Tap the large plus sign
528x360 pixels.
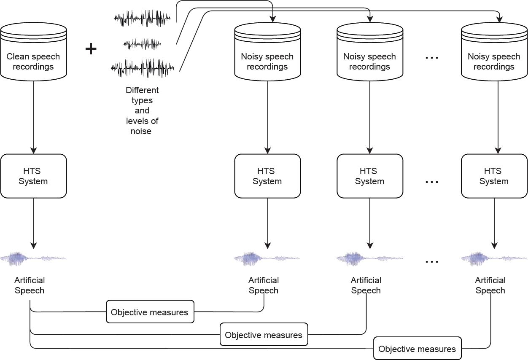tap(91, 49)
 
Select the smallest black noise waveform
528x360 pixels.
tap(143, 43)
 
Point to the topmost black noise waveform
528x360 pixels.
tap(142, 19)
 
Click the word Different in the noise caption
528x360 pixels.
tap(142, 90)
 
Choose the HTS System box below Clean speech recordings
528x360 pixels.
tap(34, 176)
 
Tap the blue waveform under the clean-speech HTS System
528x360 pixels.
tap(34, 258)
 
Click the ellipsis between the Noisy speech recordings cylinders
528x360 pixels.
tap(432, 58)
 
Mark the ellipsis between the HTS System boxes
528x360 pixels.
tap(432, 182)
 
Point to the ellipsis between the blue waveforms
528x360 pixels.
tap(432, 261)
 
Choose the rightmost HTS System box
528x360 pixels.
tap(494, 176)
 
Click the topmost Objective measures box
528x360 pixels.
tap(150, 312)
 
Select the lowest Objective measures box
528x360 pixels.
tap(418, 349)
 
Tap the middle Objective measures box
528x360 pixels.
tap(264, 335)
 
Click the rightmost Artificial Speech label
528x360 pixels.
tap(490, 285)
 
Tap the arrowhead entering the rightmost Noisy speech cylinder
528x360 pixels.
tap(499, 19)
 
